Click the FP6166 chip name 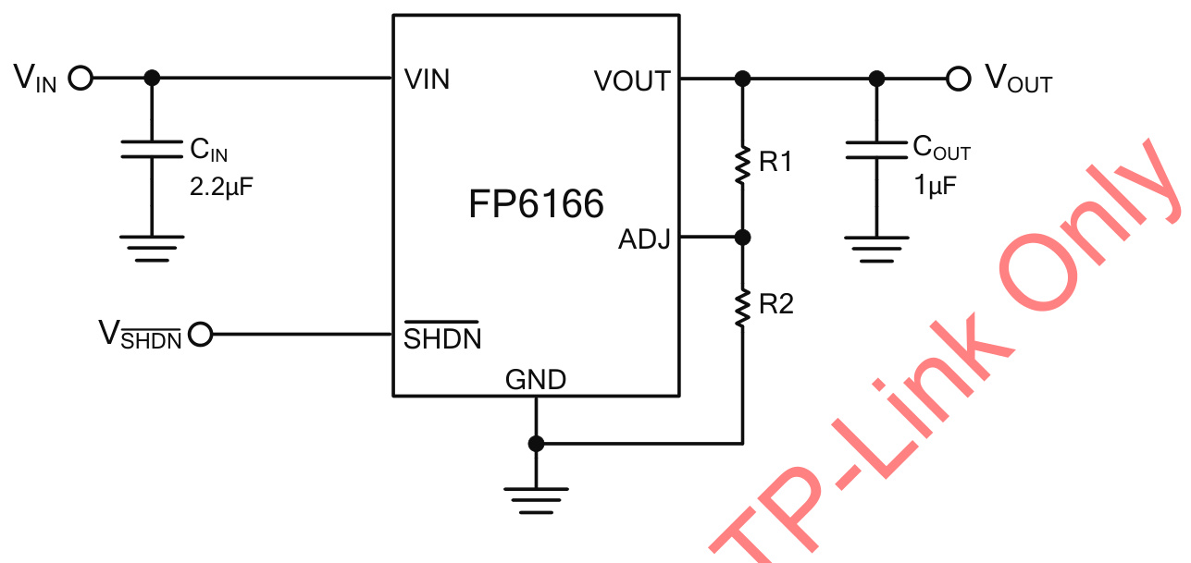pos(536,204)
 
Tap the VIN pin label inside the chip pos(427,80)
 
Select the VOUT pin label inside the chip pos(632,81)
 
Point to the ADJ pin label pos(644,239)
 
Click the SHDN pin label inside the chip pos(442,338)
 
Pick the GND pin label pos(536,379)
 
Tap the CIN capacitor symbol pos(153,150)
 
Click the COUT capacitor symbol pos(875,150)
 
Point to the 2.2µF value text pos(221,187)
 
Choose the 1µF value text pos(935,185)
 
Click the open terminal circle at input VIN pos(81,79)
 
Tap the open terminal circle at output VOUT pos(959,79)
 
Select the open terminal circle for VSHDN pos(200,334)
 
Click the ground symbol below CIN pos(153,248)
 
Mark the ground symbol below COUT pos(875,248)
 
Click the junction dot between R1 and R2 pos(741,238)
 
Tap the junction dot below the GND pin pos(536,444)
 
